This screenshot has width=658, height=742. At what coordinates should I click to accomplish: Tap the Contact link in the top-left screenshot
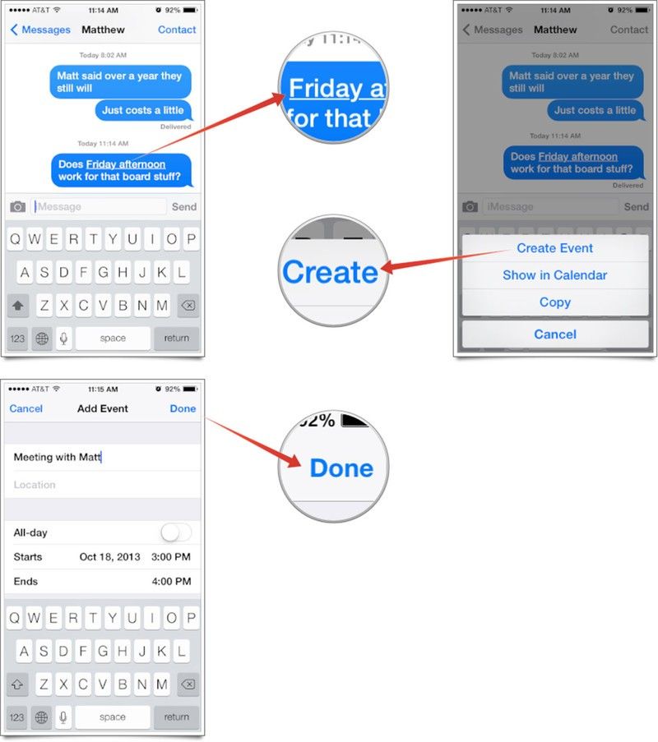pyautogui.click(x=177, y=30)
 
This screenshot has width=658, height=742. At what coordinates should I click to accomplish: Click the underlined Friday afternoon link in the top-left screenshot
pyautogui.click(x=126, y=164)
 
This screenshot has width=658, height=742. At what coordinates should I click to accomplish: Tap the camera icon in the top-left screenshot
pyautogui.click(x=18, y=207)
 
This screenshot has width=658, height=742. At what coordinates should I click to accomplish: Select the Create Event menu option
pyautogui.click(x=554, y=248)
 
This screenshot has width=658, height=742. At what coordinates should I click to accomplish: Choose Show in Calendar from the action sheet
pyautogui.click(x=554, y=275)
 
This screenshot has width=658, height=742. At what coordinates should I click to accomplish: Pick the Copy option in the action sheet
pyautogui.click(x=554, y=302)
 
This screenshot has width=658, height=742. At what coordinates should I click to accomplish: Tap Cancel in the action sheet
pyautogui.click(x=555, y=334)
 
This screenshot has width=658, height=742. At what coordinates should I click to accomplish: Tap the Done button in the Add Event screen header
pyautogui.click(x=183, y=408)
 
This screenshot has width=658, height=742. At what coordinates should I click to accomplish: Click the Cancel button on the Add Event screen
pyautogui.click(x=26, y=408)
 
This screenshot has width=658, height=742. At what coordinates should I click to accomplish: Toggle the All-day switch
pyautogui.click(x=176, y=532)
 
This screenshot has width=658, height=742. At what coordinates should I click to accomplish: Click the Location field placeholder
pyautogui.click(x=35, y=485)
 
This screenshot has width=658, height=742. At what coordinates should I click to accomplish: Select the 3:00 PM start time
pyautogui.click(x=171, y=557)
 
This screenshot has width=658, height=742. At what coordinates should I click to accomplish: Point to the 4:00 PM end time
pyautogui.click(x=171, y=582)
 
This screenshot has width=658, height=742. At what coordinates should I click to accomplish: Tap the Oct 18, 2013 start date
pyautogui.click(x=110, y=557)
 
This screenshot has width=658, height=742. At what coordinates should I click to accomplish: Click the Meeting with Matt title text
pyautogui.click(x=58, y=457)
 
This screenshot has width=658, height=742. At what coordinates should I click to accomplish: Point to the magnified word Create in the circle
pyautogui.click(x=330, y=273)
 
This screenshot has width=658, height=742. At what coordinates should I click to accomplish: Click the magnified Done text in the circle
pyautogui.click(x=341, y=468)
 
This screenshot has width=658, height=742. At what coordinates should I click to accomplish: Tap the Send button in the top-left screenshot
pyautogui.click(x=184, y=207)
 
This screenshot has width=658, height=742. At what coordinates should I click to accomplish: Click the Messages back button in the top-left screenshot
pyautogui.click(x=40, y=30)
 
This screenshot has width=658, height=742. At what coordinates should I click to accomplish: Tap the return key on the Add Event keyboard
pyautogui.click(x=176, y=717)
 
